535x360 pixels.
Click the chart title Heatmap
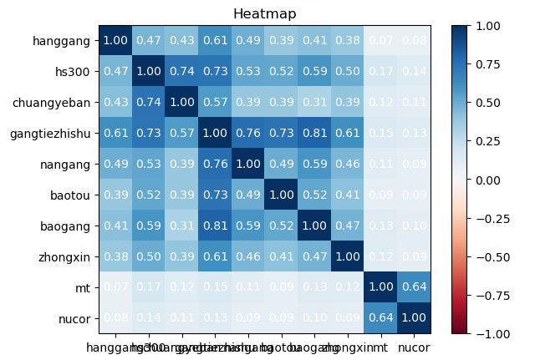264,13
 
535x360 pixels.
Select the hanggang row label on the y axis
64,40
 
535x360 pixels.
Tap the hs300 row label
78,71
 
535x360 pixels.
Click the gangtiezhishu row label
52,133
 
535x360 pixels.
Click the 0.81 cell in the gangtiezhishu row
314,133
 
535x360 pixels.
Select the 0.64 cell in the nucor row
380,318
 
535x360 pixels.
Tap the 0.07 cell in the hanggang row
380,40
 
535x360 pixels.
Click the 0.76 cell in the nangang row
215,164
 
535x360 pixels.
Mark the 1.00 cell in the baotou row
281,195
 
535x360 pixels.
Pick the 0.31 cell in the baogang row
181,226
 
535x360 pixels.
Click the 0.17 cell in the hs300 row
380,71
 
